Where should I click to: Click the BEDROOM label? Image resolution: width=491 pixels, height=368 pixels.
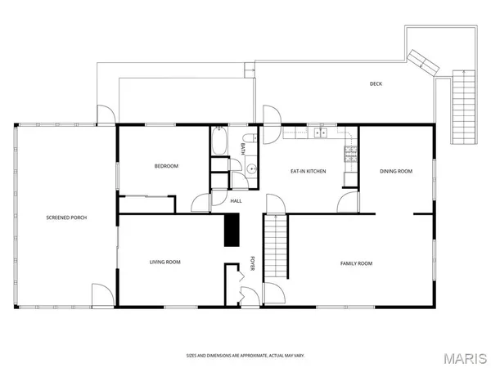click(166, 166)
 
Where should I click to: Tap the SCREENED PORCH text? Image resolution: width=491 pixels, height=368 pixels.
click(66, 218)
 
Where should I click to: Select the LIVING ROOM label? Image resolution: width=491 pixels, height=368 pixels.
click(164, 262)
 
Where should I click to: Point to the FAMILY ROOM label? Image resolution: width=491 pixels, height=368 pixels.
click(356, 263)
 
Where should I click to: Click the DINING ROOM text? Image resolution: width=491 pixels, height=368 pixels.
click(395, 172)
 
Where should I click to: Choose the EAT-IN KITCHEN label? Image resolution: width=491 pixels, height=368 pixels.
click(309, 172)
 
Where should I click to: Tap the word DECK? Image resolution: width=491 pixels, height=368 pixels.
click(376, 83)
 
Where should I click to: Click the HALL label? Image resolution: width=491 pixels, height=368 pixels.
click(236, 200)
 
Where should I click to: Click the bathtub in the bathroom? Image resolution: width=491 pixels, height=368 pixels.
click(218, 144)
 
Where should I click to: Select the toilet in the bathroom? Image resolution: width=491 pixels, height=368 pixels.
click(237, 180)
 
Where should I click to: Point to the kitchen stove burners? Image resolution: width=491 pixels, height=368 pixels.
click(351, 150)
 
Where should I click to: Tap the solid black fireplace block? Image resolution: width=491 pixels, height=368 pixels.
click(232, 229)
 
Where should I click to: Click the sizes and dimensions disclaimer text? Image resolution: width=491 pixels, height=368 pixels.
click(245, 356)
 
